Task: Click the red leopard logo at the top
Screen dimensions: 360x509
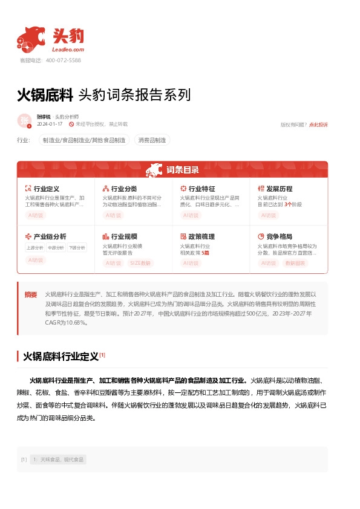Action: pyautogui.click(x=31, y=39)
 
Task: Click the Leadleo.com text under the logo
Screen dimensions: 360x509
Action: pyautogui.click(x=68, y=50)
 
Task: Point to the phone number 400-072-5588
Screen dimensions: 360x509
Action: pyautogui.click(x=64, y=60)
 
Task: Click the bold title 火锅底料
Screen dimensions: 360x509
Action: pyautogui.click(x=45, y=96)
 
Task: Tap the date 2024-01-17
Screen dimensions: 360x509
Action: pyautogui.click(x=50, y=124)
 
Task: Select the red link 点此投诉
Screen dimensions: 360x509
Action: pyautogui.click(x=318, y=125)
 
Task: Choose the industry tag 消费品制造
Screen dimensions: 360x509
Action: pyautogui.click(x=152, y=140)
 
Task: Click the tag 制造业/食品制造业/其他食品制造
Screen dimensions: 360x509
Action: pyautogui.click(x=85, y=140)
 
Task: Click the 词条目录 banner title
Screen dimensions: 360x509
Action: pyautogui.click(x=182, y=170)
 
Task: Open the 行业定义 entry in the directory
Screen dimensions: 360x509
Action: pyautogui.click(x=46, y=189)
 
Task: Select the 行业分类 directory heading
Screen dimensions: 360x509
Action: pyautogui.click(x=123, y=189)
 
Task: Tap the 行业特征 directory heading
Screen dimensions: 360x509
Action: pyautogui.click(x=201, y=189)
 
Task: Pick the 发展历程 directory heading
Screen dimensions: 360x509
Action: pyautogui.click(x=278, y=189)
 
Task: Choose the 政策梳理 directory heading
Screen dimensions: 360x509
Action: pyautogui.click(x=201, y=236)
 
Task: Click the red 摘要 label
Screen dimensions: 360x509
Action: pyautogui.click(x=31, y=294)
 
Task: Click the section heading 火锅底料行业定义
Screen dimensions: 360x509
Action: pyautogui.click(x=61, y=357)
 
